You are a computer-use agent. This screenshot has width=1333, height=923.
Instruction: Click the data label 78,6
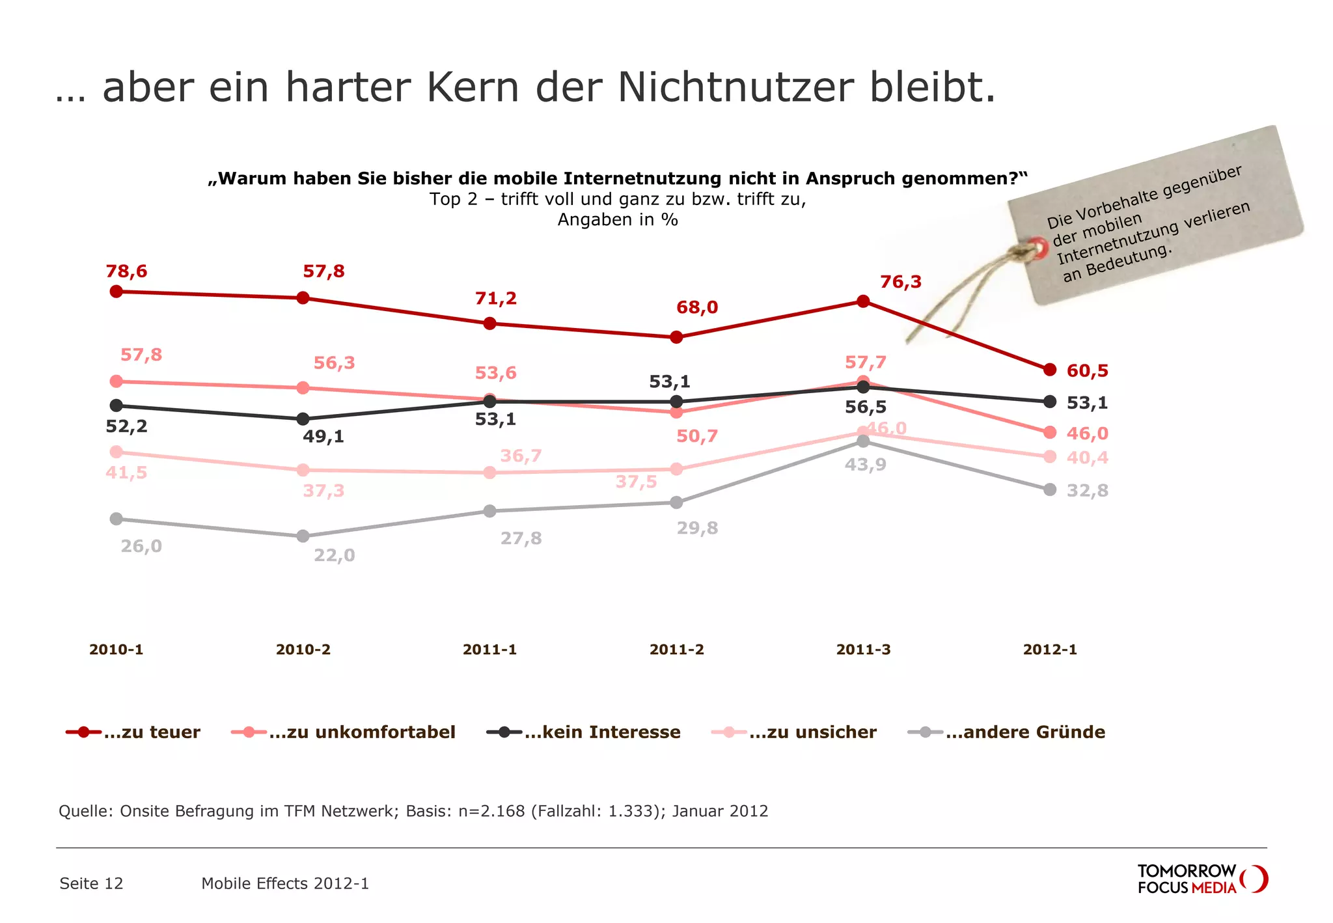126,271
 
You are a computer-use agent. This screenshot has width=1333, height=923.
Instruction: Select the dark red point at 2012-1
1050,370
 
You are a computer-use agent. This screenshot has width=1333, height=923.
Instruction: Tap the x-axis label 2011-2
676,650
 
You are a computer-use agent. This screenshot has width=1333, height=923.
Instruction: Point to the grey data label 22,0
334,555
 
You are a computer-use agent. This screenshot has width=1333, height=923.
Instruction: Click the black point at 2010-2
303,419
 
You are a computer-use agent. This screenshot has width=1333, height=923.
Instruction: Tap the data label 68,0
696,307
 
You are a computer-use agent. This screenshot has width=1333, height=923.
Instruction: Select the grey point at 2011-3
863,441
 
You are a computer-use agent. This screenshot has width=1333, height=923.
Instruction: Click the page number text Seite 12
91,883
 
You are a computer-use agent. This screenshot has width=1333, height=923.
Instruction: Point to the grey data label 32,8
1087,490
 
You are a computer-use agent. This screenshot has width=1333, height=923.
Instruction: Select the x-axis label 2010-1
116,650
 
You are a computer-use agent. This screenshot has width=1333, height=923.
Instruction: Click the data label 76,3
900,282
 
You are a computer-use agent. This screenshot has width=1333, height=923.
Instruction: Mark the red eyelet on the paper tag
1038,248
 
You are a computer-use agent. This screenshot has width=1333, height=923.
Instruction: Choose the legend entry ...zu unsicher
812,732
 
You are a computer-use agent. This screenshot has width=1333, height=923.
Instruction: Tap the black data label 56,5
865,407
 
